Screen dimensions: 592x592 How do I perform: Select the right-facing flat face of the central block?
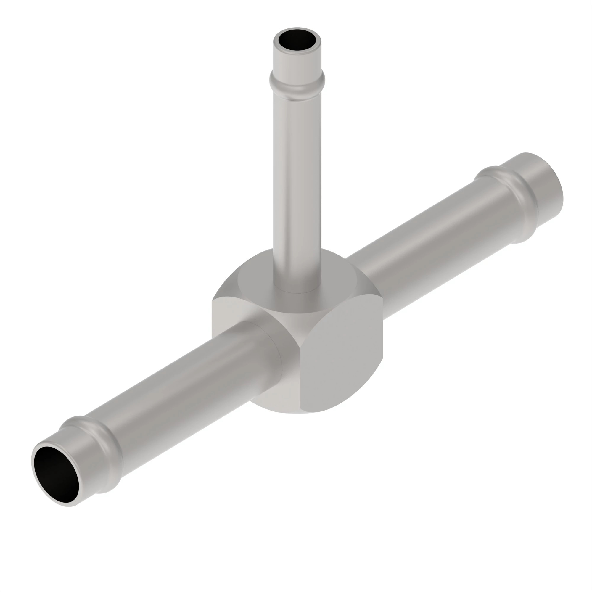[x=340, y=362]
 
